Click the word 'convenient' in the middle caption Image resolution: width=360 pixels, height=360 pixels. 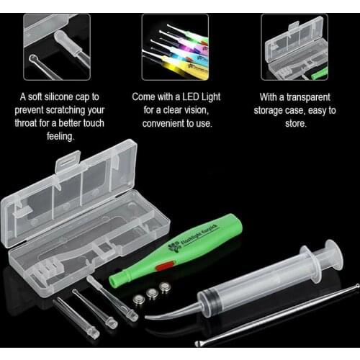pos(159,123)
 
